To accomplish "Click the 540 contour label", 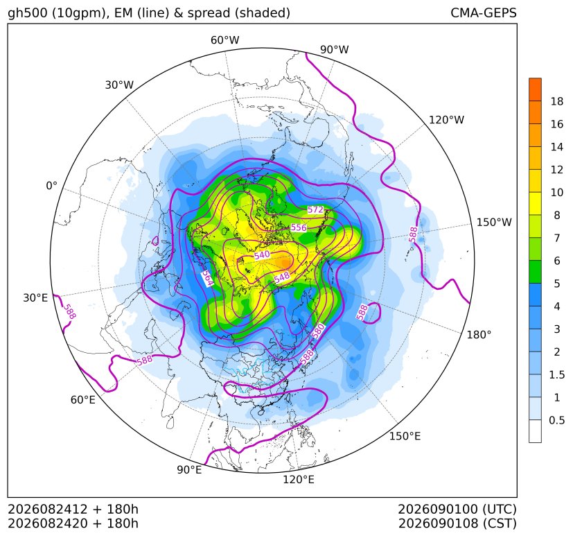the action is click(262, 255).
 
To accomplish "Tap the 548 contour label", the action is click(282, 277).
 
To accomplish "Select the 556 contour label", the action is click(299, 227).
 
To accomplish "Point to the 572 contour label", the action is click(315, 209).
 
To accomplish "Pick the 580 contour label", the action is click(318, 331).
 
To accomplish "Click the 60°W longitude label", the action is click(224, 40).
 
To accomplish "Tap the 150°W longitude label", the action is click(494, 223).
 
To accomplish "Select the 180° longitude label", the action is click(479, 335).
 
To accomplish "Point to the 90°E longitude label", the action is click(189, 470).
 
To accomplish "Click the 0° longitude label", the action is click(51, 186).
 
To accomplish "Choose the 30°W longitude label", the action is click(119, 85).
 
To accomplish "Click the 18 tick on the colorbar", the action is click(557, 101).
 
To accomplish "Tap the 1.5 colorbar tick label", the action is click(557, 375).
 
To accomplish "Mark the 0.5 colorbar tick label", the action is click(557, 420).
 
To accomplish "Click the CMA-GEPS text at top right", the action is click(484, 12).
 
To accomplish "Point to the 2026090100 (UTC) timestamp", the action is click(457, 509).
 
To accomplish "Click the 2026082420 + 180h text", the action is click(73, 523).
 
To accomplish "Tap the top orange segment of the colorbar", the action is click(535, 89).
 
